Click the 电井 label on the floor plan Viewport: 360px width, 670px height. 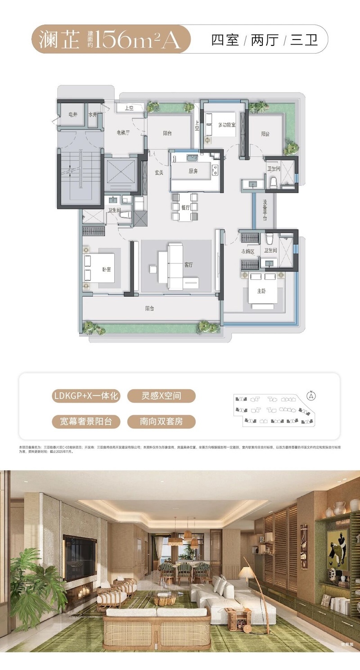click(x=72, y=115)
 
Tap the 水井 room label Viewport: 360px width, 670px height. click(x=93, y=115)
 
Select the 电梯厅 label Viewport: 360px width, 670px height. click(x=122, y=132)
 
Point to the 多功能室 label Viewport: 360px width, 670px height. click(x=227, y=125)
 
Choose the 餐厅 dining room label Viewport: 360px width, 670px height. click(x=185, y=207)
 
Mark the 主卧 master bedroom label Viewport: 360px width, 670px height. click(x=262, y=291)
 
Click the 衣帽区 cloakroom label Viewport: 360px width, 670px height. click(x=247, y=252)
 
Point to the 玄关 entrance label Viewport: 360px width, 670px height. click(x=158, y=172)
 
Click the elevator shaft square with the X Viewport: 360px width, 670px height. click(x=120, y=175)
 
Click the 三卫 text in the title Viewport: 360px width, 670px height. click(x=304, y=40)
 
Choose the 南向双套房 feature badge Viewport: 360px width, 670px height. click(x=161, y=422)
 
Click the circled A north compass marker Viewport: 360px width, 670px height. click(x=310, y=396)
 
